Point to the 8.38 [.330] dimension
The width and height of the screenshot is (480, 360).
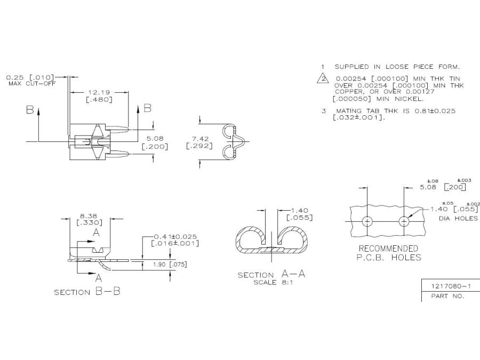[x=90, y=220]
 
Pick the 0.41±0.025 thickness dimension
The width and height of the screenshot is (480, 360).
[x=175, y=239]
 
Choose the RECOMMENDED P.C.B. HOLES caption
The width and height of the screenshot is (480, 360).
[x=388, y=253]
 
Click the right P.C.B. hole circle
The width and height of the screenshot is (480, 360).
[x=405, y=221]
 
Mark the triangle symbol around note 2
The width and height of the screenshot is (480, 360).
[x=322, y=79]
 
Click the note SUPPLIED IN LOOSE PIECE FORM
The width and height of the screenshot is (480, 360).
[x=397, y=67]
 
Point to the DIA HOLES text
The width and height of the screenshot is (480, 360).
[x=458, y=219]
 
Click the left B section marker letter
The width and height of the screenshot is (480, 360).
[x=30, y=109]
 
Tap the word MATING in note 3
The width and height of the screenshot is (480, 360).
[x=349, y=111]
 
